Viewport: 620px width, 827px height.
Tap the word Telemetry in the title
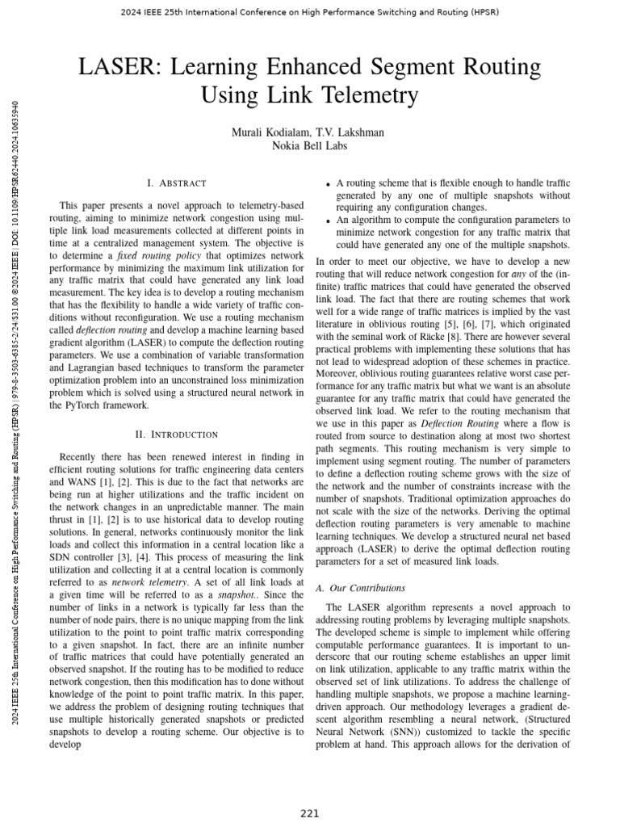click(367, 95)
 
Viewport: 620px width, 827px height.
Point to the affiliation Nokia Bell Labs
click(310, 145)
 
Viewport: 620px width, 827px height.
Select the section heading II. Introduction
click(177, 434)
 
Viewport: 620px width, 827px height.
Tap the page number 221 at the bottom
click(310, 813)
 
